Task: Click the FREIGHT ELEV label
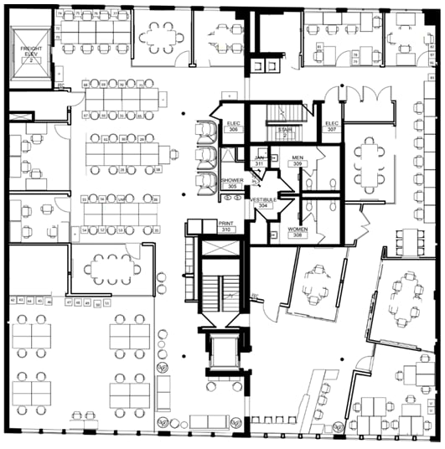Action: click(31, 56)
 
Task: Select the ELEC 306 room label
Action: click(234, 126)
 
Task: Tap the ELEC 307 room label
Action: click(332, 126)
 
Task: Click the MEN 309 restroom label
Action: click(297, 160)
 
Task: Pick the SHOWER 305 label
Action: click(231, 183)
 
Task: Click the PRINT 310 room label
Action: click(225, 226)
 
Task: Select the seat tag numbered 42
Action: click(13, 299)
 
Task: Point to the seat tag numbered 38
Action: click(158, 170)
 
